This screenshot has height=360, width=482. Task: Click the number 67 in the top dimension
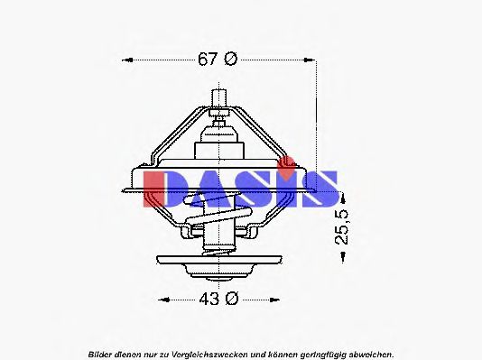point(207,60)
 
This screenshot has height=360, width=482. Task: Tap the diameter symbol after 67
point(230,60)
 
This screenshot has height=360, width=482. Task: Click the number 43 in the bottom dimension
point(207,298)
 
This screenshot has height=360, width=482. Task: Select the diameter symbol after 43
point(230,298)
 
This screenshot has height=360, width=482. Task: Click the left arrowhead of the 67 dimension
point(126,60)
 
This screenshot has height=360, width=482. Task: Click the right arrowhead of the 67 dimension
point(312,60)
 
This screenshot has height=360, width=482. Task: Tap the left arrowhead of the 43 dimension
point(160,298)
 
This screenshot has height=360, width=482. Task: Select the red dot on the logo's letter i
point(288,163)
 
